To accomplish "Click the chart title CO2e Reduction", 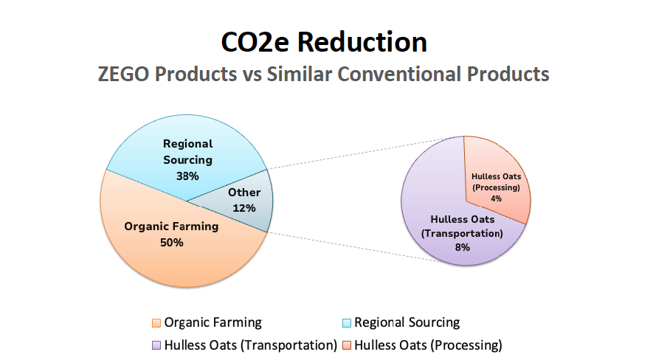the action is (324, 42).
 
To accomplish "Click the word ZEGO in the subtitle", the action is (123, 74).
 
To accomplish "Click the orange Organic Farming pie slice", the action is (175, 249).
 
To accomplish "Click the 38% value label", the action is (187, 176).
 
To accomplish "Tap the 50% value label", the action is (172, 242).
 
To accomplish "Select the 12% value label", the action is (244, 208).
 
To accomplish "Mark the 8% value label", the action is (462, 247).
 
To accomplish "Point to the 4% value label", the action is (496, 198).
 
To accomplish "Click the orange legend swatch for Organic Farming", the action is (156, 323).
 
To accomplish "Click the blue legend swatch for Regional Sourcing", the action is (347, 323).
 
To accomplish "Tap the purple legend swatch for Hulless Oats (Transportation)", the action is (156, 345).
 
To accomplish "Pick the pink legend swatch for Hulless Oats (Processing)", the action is (347, 345).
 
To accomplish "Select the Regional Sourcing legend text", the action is (407, 322).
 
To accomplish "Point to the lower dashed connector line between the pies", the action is (354, 247).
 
